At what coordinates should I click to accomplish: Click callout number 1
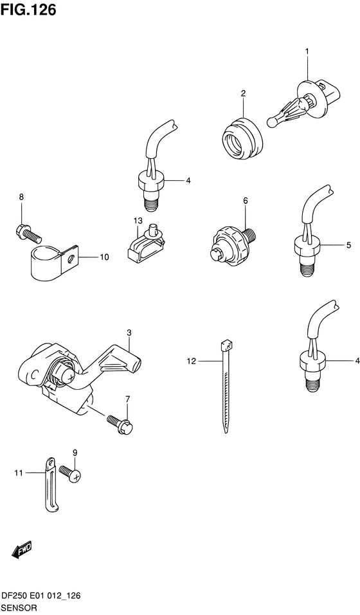pos(307,51)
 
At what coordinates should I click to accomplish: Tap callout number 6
pos(245,201)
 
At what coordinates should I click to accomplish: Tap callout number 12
pos(190,362)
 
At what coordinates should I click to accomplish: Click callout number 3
pos(129,333)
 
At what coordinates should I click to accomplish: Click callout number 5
pos(348,245)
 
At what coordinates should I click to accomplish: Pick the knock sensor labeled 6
pos(233,243)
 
